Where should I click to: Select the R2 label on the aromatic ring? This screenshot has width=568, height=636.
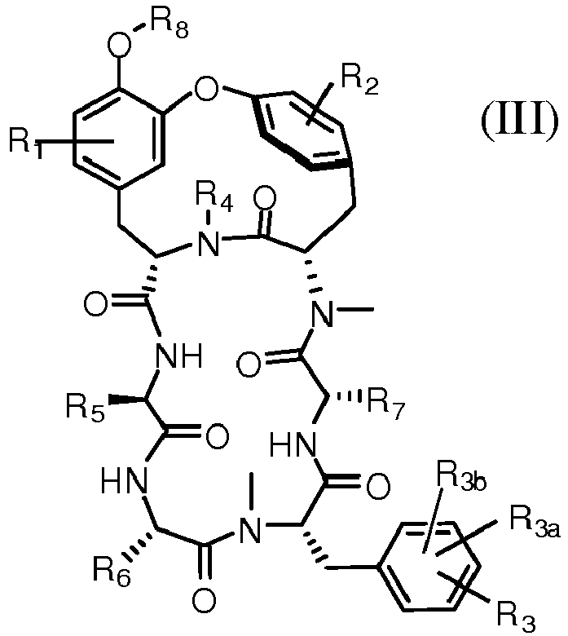(360, 82)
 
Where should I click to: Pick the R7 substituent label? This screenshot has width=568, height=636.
(386, 406)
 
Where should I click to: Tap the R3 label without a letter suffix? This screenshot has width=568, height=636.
(517, 617)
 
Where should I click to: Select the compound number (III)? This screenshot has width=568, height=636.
(519, 120)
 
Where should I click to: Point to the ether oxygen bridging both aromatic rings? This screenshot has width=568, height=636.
(206, 87)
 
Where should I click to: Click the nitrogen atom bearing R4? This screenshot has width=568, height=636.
(209, 244)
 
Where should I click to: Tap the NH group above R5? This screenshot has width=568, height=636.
(179, 356)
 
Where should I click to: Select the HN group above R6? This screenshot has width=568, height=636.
(124, 480)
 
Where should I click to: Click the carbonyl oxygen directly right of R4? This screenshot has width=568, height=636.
(265, 198)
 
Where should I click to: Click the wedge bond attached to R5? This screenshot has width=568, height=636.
(125, 400)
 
